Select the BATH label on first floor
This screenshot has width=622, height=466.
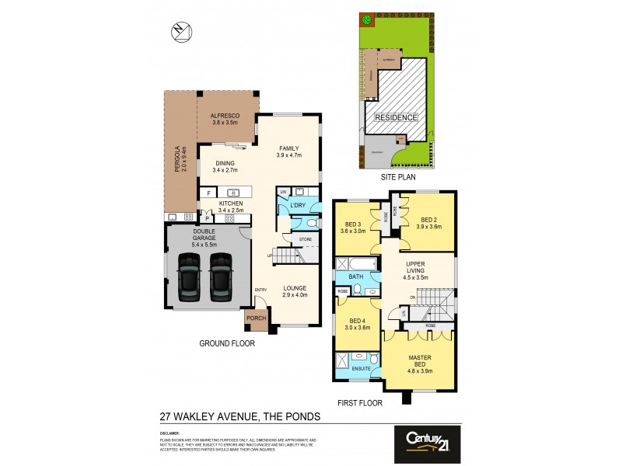pos(355,276)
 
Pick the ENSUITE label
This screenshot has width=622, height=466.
pos(359,369)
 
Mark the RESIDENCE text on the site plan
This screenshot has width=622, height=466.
pos(397,117)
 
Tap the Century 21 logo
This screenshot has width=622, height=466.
pos(426,440)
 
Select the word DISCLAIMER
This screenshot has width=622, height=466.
pos(170,433)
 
